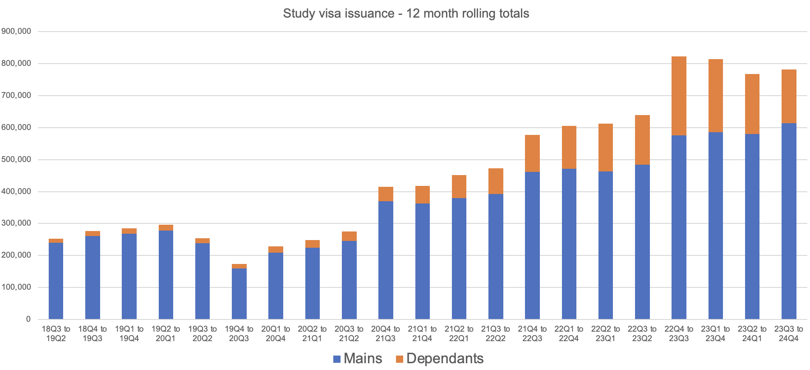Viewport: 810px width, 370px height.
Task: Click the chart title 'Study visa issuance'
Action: click(406, 14)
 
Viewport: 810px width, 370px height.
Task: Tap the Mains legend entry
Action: click(363, 358)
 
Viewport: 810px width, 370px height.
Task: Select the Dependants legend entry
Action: click(445, 358)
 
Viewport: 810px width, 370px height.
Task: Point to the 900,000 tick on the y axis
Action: click(16, 31)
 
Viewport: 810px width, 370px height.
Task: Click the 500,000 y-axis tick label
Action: click(16, 159)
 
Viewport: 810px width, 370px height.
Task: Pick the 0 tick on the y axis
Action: click(28, 319)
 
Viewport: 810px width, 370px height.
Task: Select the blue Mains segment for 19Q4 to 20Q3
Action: click(239, 294)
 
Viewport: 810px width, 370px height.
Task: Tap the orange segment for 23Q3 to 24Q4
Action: click(789, 96)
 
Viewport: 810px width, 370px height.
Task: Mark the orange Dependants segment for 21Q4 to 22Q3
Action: click(532, 153)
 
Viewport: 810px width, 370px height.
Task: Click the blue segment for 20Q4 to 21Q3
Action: click(386, 260)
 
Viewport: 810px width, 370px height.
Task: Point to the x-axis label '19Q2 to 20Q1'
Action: click(166, 333)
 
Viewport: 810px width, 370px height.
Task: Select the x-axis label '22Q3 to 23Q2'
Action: click(642, 333)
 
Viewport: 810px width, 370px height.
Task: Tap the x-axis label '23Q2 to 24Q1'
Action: click(752, 333)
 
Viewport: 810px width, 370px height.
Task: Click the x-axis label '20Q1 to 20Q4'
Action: click(276, 333)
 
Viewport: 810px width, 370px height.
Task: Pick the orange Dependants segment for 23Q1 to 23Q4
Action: click(715, 96)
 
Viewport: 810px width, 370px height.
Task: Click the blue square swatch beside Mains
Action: click(337, 359)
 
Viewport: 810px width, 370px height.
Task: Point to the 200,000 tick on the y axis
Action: click(16, 255)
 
